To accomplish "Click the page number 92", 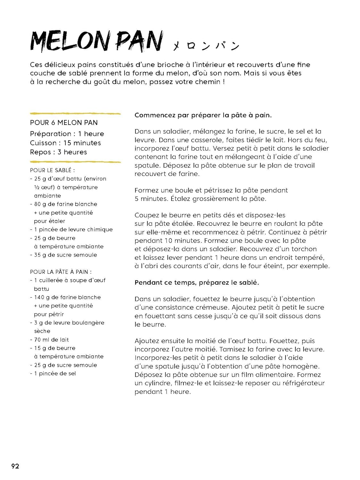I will (x=15, y=466).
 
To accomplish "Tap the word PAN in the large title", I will (x=139, y=42).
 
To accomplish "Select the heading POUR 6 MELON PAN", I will (x=64, y=123).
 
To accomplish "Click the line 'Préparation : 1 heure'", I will (x=67, y=134).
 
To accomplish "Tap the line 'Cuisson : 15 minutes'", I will (x=65, y=143).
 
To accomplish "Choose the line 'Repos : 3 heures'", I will (x=59, y=152).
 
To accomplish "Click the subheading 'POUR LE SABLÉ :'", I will (x=52, y=170).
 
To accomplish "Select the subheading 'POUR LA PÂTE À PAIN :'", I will (x=61, y=272).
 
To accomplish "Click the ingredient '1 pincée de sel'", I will (x=55, y=373).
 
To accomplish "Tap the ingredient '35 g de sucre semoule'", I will (x=65, y=255).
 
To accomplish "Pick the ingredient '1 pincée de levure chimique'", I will (x=73, y=229).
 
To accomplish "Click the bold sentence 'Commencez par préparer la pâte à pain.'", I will (x=203, y=115).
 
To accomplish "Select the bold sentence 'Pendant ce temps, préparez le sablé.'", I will (x=196, y=283).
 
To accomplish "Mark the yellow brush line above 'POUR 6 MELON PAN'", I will (x=75, y=114).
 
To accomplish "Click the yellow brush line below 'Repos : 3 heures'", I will (x=75, y=162).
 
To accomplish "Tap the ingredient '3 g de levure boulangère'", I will (x=69, y=323).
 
